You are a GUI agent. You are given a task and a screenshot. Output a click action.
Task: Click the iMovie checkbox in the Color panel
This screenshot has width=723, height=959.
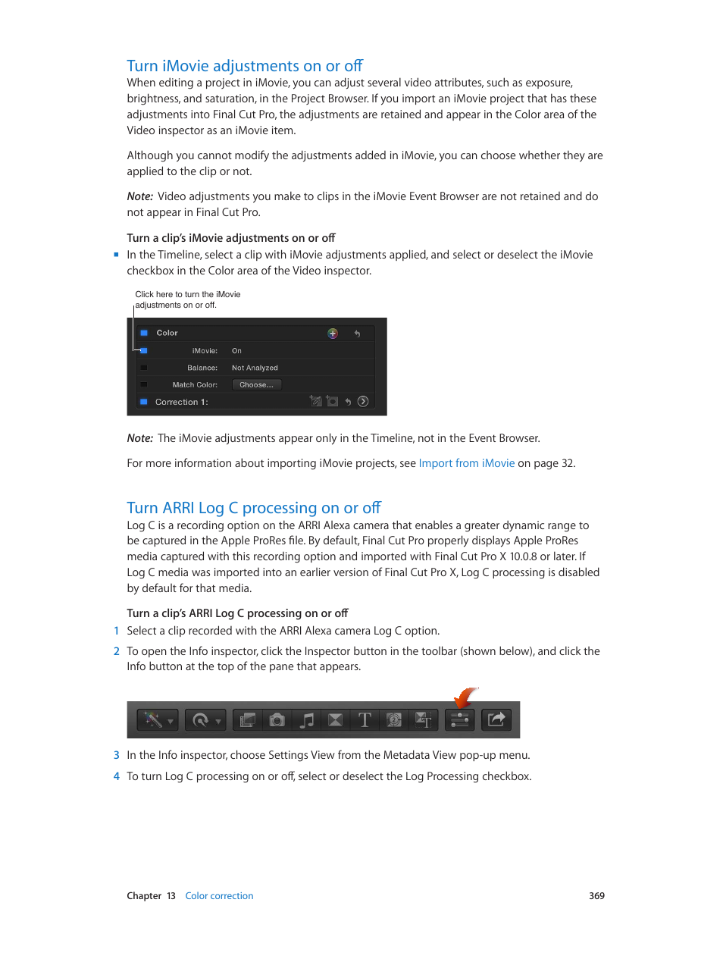coord(144,350)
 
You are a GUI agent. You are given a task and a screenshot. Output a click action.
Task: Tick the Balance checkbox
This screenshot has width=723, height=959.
coord(144,368)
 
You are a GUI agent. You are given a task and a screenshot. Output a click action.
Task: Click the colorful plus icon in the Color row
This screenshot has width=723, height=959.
coord(332,334)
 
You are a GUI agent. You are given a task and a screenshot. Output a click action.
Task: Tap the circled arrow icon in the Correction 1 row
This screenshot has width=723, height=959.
coord(363,402)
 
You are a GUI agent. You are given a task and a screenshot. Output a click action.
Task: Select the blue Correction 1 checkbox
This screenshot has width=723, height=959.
coord(144,402)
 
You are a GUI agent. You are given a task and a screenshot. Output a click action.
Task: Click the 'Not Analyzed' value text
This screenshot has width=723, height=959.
coord(255,368)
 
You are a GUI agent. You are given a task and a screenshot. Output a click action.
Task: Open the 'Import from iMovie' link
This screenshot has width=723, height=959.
coord(466,463)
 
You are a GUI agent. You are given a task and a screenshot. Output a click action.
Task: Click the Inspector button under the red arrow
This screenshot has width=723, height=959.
coord(460,720)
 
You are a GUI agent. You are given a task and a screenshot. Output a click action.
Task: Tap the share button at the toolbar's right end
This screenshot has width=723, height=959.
coord(496,720)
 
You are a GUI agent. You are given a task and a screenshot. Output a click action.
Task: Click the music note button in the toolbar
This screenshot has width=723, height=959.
coord(306,720)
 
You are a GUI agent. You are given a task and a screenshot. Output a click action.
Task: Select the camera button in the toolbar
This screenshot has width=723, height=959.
coord(277,720)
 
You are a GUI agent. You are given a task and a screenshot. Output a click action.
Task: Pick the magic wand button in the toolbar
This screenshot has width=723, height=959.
coord(154,720)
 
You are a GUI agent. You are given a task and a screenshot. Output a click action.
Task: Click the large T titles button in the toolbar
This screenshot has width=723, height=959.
coord(365,720)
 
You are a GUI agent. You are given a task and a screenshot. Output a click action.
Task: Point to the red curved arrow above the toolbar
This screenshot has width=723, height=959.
coord(465,696)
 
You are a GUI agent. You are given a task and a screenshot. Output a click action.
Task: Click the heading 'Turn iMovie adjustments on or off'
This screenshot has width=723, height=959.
coord(245,66)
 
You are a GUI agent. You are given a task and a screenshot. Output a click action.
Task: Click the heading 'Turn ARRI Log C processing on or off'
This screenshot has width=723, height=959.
coord(254,508)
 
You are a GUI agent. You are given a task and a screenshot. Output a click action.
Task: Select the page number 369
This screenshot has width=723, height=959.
coord(596,896)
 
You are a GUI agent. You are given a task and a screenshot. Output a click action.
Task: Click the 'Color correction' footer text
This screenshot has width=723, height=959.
coord(219,896)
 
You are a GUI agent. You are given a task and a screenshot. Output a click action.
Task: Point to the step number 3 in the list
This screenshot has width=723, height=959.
coord(117,755)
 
